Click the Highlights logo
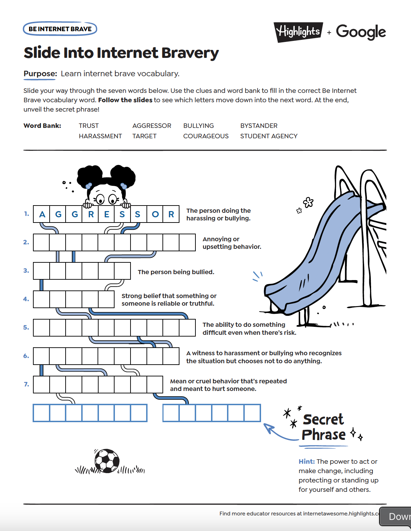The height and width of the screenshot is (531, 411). (299, 32)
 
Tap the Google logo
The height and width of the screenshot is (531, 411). (361, 32)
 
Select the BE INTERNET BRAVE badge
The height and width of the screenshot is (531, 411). (60, 29)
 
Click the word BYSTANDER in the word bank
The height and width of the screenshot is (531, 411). (259, 126)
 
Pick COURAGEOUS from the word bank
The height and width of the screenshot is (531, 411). (206, 136)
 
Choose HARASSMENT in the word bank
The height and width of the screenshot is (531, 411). (100, 136)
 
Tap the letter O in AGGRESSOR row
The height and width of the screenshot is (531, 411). (155, 215)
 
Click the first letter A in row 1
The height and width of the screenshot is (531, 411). (42, 215)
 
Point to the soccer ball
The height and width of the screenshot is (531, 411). (107, 461)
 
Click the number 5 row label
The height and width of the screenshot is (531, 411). (26, 328)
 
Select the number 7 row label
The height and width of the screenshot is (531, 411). (26, 384)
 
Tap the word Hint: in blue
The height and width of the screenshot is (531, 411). (307, 462)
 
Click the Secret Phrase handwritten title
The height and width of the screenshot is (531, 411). (324, 427)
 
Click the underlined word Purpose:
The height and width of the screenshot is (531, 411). (40, 74)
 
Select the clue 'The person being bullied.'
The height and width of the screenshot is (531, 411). (176, 272)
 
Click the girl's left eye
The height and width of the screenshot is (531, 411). (100, 199)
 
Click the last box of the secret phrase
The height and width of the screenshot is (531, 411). (252, 413)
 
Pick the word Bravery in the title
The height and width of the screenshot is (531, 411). (190, 53)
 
